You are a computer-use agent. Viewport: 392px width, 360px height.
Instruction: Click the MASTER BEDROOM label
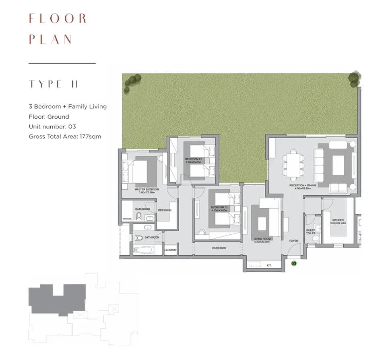147,190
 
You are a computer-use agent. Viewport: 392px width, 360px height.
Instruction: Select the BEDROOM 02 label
219,208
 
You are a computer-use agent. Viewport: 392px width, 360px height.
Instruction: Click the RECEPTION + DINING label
302,186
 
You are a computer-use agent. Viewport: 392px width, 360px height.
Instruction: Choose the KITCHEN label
338,221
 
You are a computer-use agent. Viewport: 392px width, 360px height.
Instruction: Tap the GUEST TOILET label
310,232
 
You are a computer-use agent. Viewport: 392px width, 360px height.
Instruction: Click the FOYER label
294,241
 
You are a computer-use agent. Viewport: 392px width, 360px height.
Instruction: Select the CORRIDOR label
219,248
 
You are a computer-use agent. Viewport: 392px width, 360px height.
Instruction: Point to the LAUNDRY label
170,250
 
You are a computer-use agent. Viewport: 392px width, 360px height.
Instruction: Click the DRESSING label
165,210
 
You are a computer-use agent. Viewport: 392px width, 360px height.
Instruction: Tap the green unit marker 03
294,264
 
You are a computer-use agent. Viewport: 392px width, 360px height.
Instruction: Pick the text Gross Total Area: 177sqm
65,137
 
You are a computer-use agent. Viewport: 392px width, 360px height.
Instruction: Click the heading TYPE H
54,84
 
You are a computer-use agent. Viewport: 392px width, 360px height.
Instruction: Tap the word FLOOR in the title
58,19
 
